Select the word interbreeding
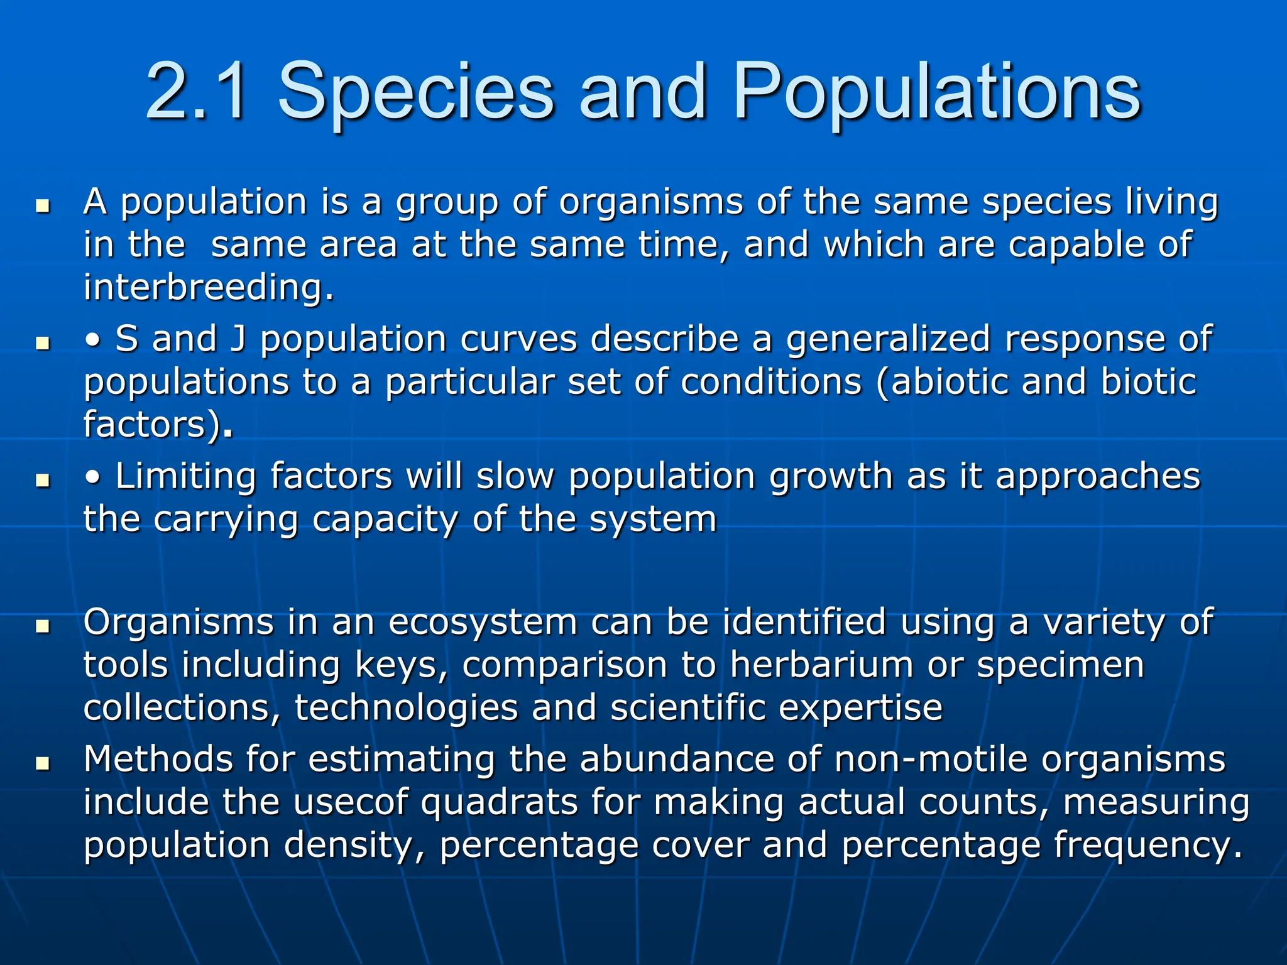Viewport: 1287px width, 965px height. (208, 287)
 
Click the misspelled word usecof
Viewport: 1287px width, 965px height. (351, 802)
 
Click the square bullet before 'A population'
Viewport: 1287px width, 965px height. (43, 205)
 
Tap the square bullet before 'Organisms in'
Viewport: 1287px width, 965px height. (43, 626)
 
